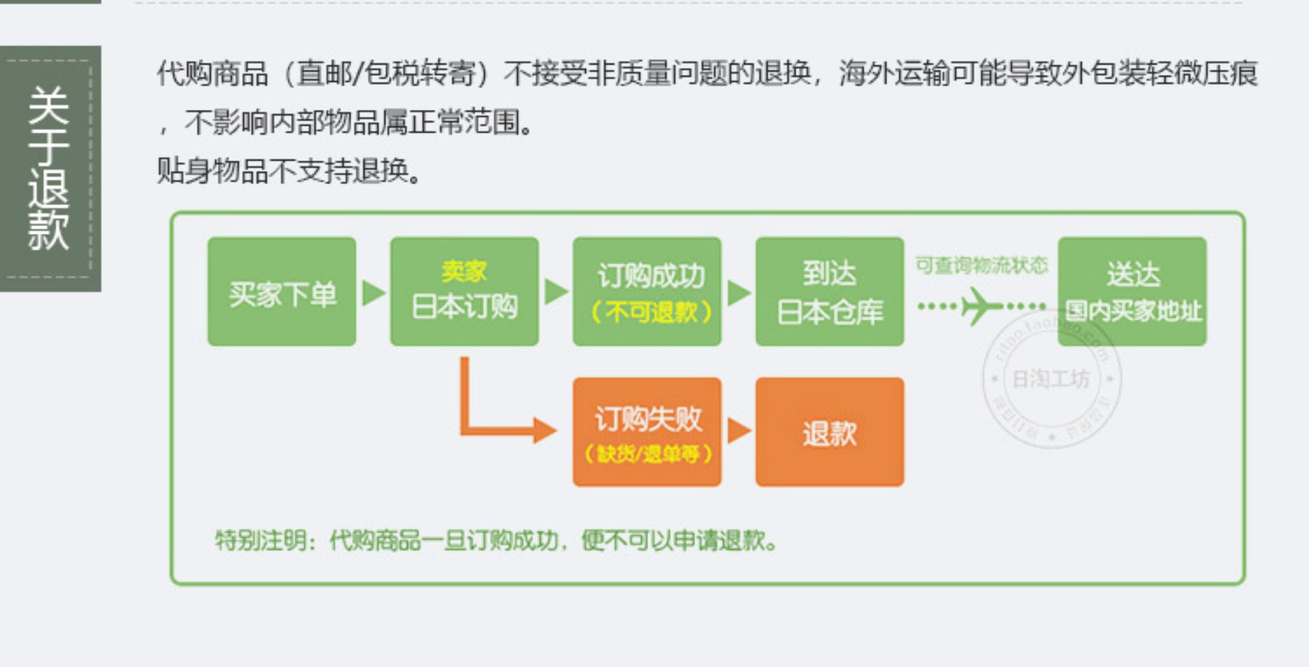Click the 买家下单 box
281,292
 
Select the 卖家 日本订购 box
464,292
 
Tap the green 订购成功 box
647,292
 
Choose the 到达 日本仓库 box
829,292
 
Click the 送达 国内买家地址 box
1132,292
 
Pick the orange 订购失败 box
647,432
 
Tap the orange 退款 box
829,432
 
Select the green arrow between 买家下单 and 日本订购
373,293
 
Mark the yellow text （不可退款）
651,312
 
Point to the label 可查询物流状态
981,265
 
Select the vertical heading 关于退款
49,168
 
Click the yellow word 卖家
464,272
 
